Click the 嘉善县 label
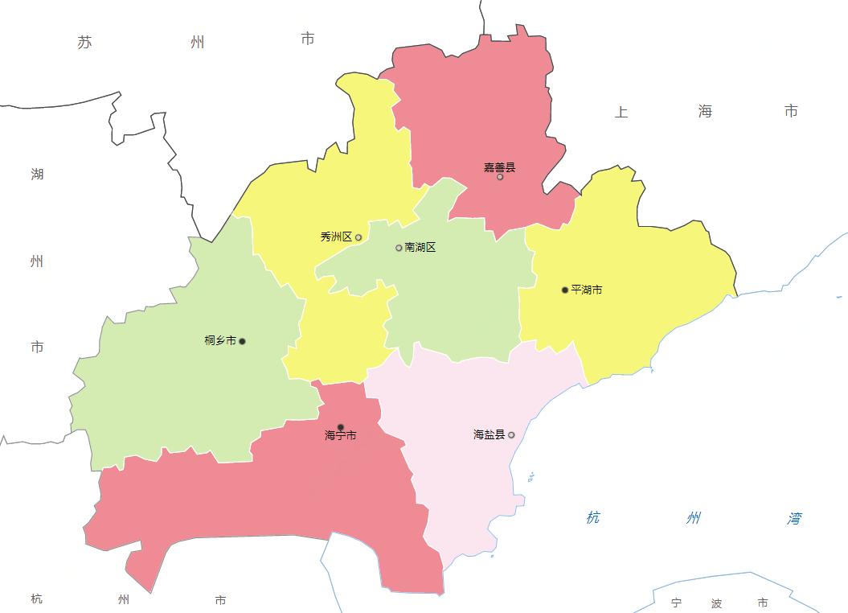pyautogui.click(x=499, y=167)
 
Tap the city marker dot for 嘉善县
pyautogui.click(x=500, y=177)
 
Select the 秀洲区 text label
pyautogui.click(x=336, y=237)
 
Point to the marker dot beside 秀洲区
pyautogui.click(x=358, y=237)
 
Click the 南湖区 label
pyautogui.click(x=420, y=247)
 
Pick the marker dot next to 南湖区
pyautogui.click(x=399, y=248)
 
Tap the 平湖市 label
pyautogui.click(x=587, y=290)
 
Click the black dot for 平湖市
pyautogui.click(x=565, y=290)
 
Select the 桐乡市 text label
pyautogui.click(x=220, y=340)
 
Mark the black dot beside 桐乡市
pyautogui.click(x=242, y=341)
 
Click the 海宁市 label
pyautogui.click(x=341, y=436)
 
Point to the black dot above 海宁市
pyautogui.click(x=341, y=427)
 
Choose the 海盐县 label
pyautogui.click(x=490, y=434)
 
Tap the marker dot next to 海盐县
pyautogui.click(x=511, y=435)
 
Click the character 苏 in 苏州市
pyautogui.click(x=85, y=42)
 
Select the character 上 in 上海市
pyautogui.click(x=621, y=112)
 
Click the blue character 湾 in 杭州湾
pyautogui.click(x=794, y=518)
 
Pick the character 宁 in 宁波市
pyautogui.click(x=676, y=603)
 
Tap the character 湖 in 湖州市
pyautogui.click(x=37, y=174)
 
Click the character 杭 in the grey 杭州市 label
pyautogui.click(x=37, y=599)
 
